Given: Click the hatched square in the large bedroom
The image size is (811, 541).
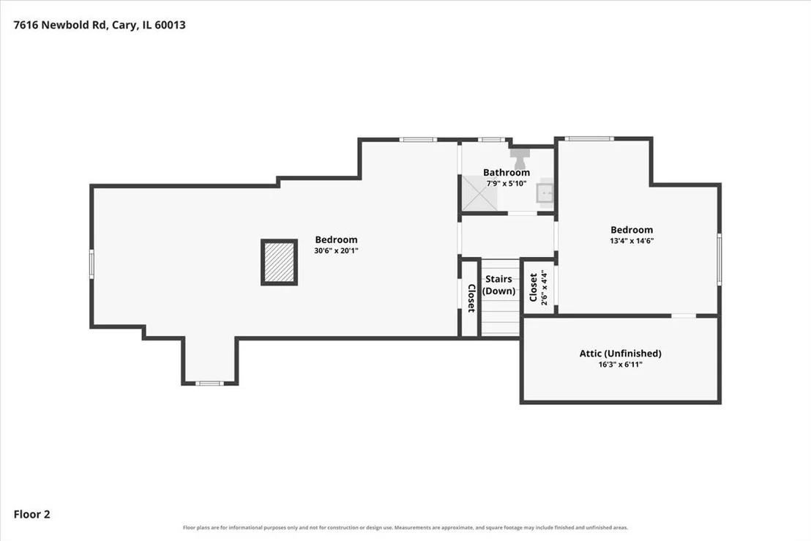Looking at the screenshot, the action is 280,261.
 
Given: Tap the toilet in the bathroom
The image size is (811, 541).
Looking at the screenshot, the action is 520,157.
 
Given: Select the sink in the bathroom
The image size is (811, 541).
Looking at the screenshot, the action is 545,193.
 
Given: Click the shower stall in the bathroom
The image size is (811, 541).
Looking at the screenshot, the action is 479,193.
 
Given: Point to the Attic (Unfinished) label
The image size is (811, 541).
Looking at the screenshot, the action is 620,354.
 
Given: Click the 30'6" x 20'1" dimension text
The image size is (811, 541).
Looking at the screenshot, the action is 336,251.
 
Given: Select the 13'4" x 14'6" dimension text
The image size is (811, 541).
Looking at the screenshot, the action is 632,241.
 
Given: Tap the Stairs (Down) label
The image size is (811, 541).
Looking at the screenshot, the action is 498,285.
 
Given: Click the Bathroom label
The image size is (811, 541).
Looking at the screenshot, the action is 507,172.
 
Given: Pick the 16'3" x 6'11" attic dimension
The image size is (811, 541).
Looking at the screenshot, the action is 620,365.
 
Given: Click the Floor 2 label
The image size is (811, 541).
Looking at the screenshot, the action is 31,514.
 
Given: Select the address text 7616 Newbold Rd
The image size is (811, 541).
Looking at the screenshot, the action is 59,25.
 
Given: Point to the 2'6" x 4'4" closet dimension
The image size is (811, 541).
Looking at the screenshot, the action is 544,288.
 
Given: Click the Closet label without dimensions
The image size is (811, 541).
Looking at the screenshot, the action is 471,299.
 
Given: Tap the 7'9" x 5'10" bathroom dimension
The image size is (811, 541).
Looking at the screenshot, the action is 507,184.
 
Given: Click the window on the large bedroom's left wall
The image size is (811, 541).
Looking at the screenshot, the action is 92,264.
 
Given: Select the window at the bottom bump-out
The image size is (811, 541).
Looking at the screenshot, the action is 210,384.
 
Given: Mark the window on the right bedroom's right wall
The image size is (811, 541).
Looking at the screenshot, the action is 720,258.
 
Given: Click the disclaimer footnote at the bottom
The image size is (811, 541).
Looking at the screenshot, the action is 405,528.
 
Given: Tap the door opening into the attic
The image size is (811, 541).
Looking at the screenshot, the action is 684,316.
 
